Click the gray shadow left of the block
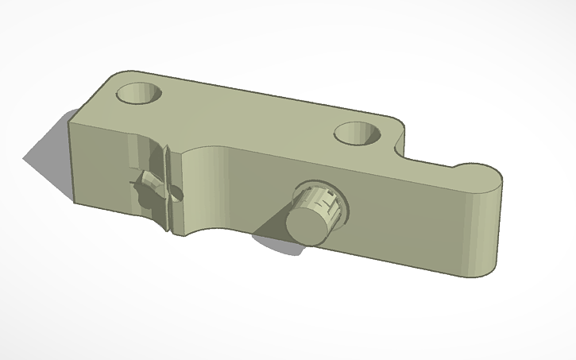click(48, 151)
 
